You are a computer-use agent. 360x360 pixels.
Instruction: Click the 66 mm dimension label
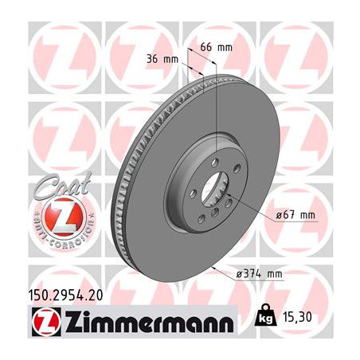point(216,48)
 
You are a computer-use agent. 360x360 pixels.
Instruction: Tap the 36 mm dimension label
point(162,59)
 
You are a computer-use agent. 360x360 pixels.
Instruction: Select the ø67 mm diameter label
point(295,214)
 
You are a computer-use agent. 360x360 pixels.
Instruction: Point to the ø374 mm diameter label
point(259,274)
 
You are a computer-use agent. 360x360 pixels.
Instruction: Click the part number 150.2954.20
point(65,295)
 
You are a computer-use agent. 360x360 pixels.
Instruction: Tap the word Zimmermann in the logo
point(150,322)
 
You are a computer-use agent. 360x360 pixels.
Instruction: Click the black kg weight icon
point(265,315)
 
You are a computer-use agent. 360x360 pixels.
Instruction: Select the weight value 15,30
point(298,317)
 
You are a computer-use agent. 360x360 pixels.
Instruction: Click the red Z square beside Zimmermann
point(46,322)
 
